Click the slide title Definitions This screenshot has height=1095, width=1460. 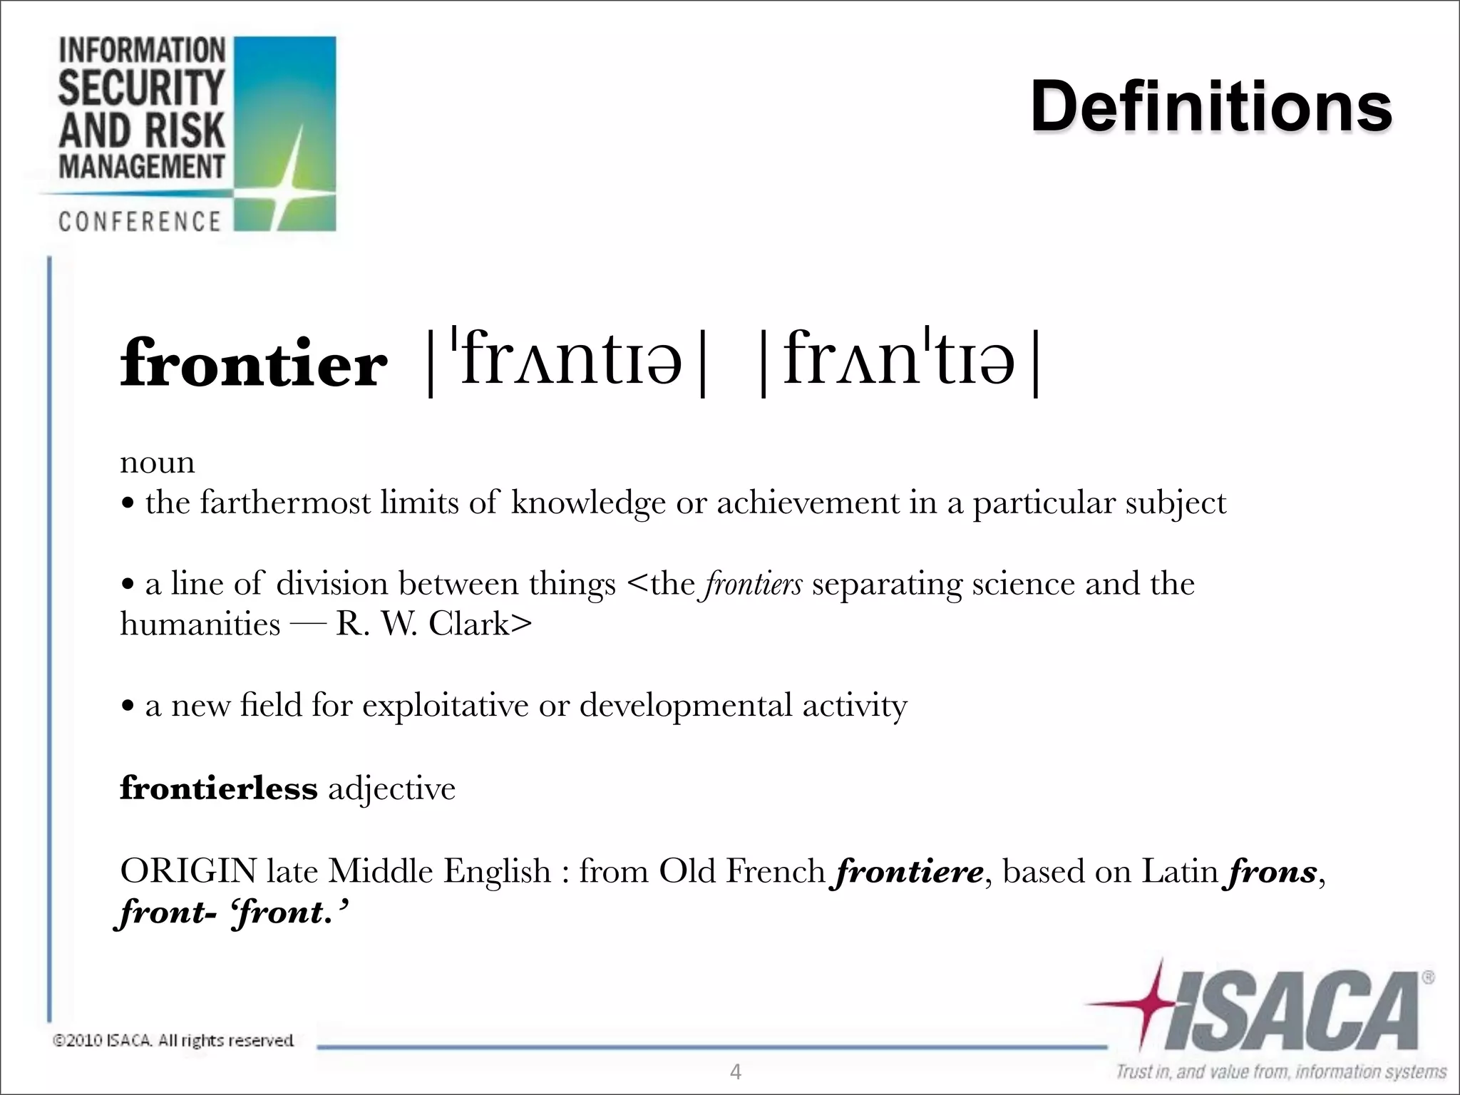click(1210, 107)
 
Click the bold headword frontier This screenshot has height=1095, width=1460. click(253, 364)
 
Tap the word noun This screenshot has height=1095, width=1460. click(157, 462)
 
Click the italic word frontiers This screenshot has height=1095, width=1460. click(754, 584)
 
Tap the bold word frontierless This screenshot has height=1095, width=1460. click(218, 788)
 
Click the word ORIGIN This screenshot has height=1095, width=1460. click(187, 871)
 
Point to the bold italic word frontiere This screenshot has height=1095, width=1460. click(909, 871)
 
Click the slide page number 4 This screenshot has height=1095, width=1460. click(736, 1071)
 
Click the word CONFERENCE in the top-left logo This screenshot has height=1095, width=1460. click(140, 222)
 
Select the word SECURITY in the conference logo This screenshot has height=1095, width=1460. click(141, 88)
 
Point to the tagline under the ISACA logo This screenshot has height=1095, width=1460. click(1280, 1071)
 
